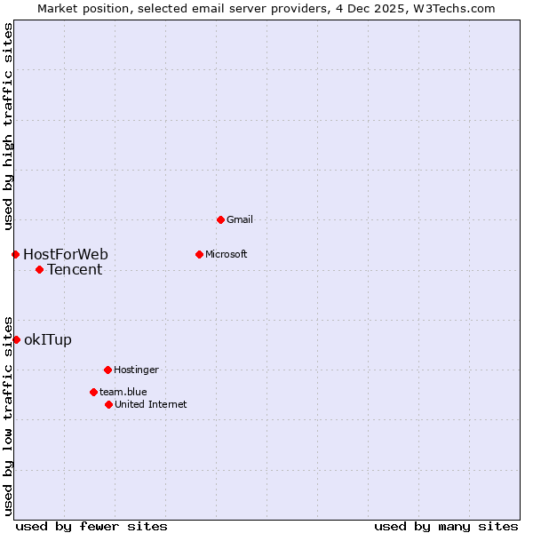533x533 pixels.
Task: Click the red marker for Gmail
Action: tap(220, 219)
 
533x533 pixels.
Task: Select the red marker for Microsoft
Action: tap(199, 254)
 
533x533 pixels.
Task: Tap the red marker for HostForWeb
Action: tap(15, 254)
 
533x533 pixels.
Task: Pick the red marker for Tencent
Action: tap(39, 269)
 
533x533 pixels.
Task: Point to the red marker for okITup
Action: tap(16, 339)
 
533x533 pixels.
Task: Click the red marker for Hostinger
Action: tap(107, 370)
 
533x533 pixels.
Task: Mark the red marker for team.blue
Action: tap(93, 392)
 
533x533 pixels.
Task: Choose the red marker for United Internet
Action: tap(108, 404)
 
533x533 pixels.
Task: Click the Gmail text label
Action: tap(241, 219)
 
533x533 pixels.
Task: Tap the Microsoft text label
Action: tap(227, 254)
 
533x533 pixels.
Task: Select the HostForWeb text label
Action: tap(66, 255)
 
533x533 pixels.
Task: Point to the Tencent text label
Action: tap(75, 270)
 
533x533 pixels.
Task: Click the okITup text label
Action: tap(48, 339)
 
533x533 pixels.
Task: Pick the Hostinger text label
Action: tap(136, 370)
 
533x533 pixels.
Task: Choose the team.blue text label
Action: tap(123, 392)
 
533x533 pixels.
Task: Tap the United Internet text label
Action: tap(151, 404)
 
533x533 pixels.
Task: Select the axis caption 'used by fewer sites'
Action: tap(91, 526)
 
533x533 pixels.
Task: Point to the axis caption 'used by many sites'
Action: tap(446, 526)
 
